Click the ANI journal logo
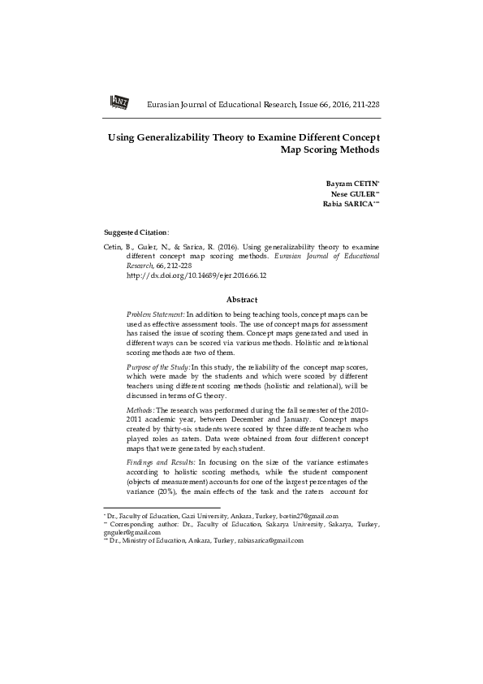119,101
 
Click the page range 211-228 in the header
363,106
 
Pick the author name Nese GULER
355,194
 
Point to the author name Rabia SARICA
349,205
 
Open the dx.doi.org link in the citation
197,275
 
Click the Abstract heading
242,300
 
